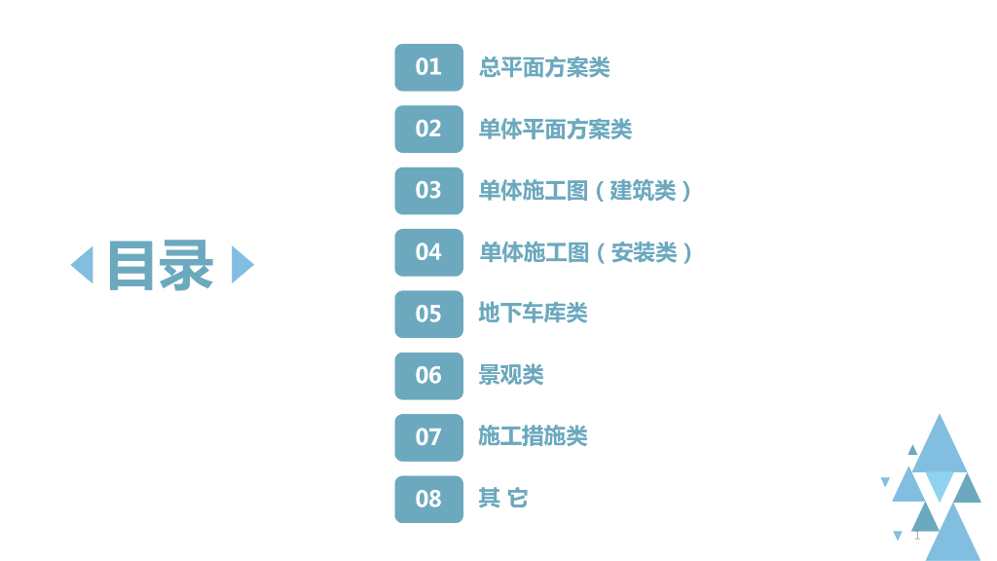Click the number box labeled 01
click(428, 67)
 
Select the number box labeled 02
click(428, 129)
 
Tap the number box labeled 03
click(428, 190)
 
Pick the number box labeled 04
click(428, 252)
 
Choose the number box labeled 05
click(428, 314)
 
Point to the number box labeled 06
click(428, 375)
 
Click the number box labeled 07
click(428, 437)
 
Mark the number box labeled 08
click(428, 499)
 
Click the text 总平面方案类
click(544, 67)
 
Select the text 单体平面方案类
click(555, 129)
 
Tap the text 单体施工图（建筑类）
click(586, 190)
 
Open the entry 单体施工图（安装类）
click(587, 252)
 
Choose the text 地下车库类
click(533, 314)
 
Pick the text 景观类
click(511, 375)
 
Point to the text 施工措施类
click(533, 436)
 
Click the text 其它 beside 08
click(503, 499)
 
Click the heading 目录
click(161, 265)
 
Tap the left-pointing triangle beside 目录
click(83, 265)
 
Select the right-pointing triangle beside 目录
click(241, 265)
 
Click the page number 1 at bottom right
click(916, 535)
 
